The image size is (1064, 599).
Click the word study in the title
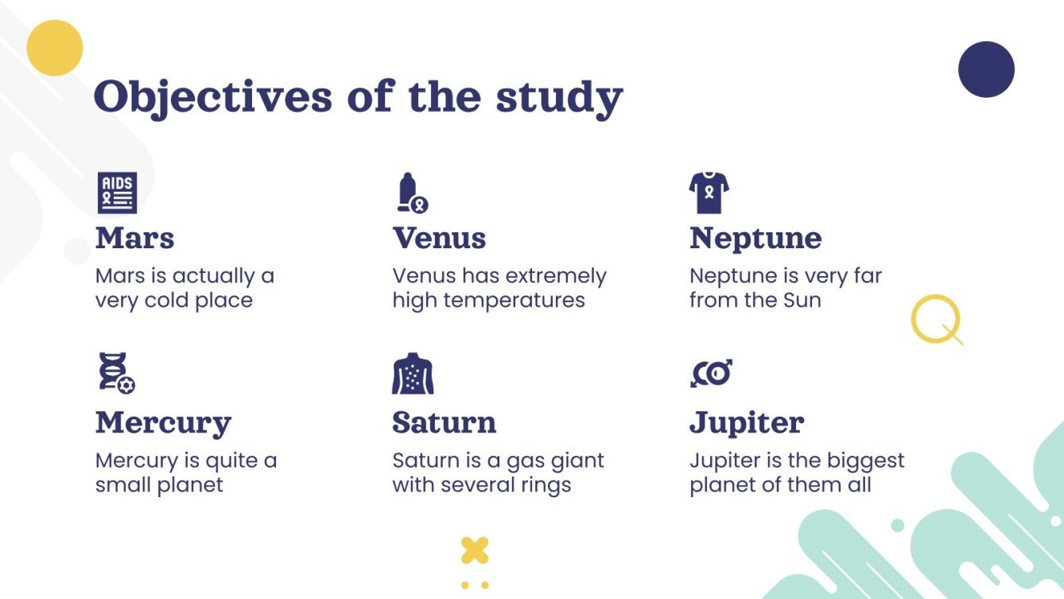click(x=559, y=99)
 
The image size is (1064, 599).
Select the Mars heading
click(x=135, y=238)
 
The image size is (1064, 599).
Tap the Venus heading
click(x=440, y=238)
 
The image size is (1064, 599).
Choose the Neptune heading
click(x=755, y=238)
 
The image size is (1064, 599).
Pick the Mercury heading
click(x=163, y=422)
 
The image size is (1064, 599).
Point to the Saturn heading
click(x=444, y=422)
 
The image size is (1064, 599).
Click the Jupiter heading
click(x=747, y=422)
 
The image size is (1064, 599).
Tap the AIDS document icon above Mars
click(x=118, y=193)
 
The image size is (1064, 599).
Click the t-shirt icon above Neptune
click(x=709, y=193)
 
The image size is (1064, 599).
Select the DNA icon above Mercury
click(x=116, y=373)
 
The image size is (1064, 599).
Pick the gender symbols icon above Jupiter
click(x=711, y=373)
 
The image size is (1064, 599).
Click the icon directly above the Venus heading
click(x=413, y=193)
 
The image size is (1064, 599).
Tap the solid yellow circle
click(x=55, y=48)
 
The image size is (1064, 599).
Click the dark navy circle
click(x=987, y=69)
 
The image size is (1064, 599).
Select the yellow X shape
click(x=475, y=550)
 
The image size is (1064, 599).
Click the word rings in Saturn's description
click(x=545, y=485)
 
